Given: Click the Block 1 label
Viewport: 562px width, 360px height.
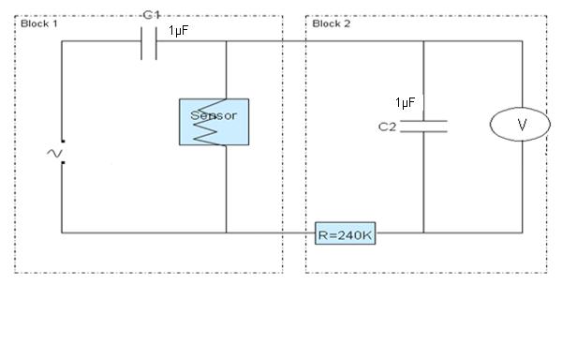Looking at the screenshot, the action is click(x=39, y=24).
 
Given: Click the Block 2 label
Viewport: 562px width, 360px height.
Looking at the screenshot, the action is click(x=332, y=24).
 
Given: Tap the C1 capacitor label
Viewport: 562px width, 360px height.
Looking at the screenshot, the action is click(x=151, y=15).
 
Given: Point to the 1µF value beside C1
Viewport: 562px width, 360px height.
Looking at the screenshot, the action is click(x=178, y=31).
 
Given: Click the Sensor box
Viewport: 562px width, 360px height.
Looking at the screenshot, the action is click(x=214, y=122).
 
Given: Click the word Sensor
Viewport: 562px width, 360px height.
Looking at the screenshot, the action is click(x=214, y=115).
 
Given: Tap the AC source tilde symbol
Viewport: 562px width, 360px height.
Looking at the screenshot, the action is click(x=54, y=154).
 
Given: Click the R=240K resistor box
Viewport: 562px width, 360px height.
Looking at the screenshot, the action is click(x=345, y=233).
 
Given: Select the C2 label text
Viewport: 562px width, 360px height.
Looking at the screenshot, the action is click(x=387, y=127).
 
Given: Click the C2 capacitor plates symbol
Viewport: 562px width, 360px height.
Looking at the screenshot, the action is click(x=423, y=127).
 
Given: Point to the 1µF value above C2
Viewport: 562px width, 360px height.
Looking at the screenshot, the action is click(x=406, y=102).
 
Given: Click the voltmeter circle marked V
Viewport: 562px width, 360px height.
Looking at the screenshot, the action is click(x=520, y=124).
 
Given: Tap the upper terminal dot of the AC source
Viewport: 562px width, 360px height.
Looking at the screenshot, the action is click(x=63, y=142).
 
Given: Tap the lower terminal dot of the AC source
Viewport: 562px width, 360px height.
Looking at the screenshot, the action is click(x=63, y=163).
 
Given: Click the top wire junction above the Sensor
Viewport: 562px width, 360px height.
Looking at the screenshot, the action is click(x=226, y=41).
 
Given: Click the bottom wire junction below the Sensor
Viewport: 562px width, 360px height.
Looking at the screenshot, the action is click(x=226, y=232).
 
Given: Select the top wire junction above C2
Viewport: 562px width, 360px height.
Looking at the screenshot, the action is click(x=423, y=41).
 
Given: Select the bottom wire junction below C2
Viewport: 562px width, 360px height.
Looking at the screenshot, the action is click(x=423, y=232).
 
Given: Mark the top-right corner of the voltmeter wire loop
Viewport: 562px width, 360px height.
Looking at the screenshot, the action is click(x=523, y=41).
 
